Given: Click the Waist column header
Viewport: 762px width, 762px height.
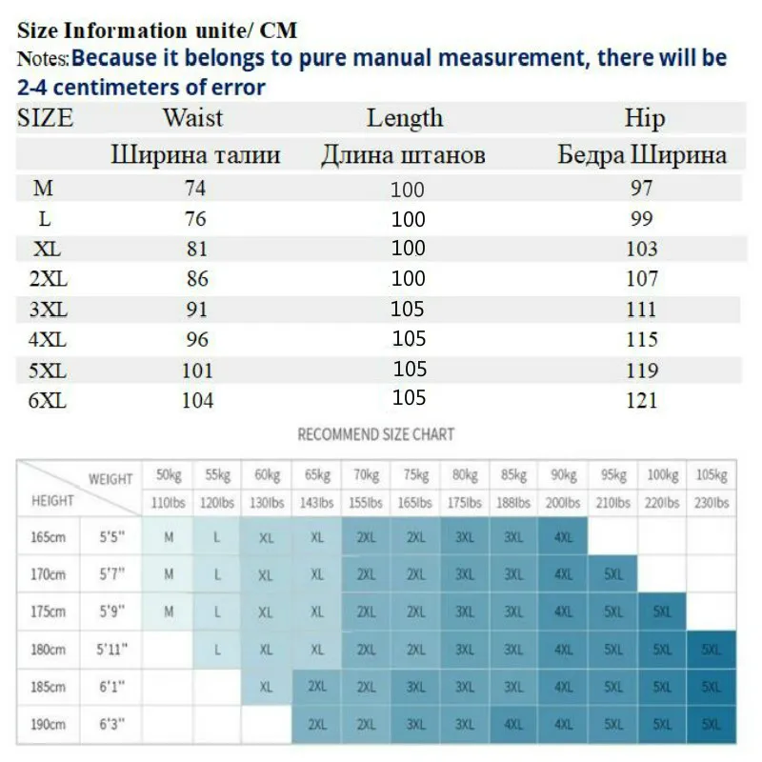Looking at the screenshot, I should pyautogui.click(x=192, y=118).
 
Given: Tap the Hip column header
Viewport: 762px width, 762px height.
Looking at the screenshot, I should pyautogui.click(x=644, y=118).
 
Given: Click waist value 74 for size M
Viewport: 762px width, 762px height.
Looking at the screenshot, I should pyautogui.click(x=194, y=189).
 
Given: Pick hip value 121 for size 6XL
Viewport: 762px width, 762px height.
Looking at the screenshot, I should pyautogui.click(x=642, y=401).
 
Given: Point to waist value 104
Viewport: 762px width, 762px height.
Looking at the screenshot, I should pyautogui.click(x=197, y=401).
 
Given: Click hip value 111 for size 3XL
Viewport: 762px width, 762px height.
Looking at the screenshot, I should pyautogui.click(x=642, y=310).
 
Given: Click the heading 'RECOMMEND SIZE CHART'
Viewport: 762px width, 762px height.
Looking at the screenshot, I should pyautogui.click(x=376, y=434).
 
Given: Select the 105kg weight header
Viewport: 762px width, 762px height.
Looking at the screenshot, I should pyautogui.click(x=711, y=474).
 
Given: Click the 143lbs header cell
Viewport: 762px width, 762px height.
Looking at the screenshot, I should pyautogui.click(x=316, y=502).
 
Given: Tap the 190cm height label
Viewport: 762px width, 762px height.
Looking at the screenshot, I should pyautogui.click(x=47, y=724).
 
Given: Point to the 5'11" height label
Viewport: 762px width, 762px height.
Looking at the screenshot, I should pyautogui.click(x=112, y=649).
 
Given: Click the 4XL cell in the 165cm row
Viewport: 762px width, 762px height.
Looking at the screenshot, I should pyautogui.click(x=563, y=537).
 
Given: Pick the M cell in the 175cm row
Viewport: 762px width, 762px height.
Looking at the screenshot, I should pyautogui.click(x=169, y=612).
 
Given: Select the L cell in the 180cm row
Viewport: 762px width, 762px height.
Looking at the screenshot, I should pyautogui.click(x=217, y=649).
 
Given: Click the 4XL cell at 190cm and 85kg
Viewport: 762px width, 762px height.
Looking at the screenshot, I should pyautogui.click(x=513, y=724).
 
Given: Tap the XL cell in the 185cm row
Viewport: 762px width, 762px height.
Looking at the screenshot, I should pyautogui.click(x=266, y=686).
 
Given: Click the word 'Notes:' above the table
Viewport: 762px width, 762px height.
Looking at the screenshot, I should pyautogui.click(x=43, y=59).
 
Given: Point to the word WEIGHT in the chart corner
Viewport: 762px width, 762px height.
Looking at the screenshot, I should pyautogui.click(x=110, y=478).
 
